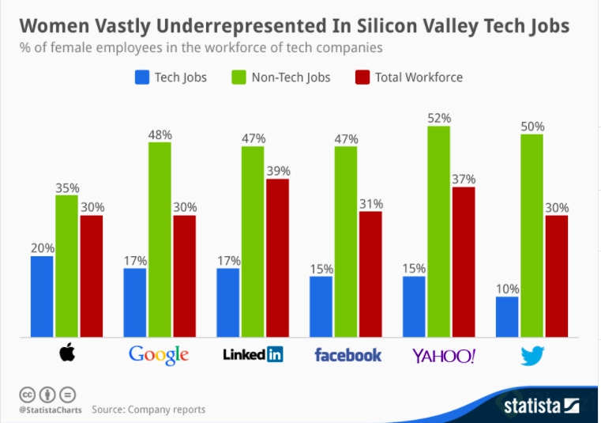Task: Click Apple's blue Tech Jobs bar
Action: click(x=42, y=296)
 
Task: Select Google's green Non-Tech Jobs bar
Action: click(x=160, y=240)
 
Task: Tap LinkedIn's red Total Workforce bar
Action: click(x=277, y=258)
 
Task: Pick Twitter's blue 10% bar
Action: click(x=507, y=317)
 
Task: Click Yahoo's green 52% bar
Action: click(x=439, y=232)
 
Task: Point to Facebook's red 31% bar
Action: click(x=370, y=274)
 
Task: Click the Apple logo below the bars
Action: click(x=66, y=354)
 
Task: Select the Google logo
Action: click(x=159, y=354)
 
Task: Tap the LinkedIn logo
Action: click(x=253, y=354)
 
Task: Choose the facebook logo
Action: click(x=347, y=354)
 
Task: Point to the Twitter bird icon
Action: click(x=532, y=356)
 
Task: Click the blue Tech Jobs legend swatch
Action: click(x=143, y=77)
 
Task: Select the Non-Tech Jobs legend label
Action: click(x=291, y=77)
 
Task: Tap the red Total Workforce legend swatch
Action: click(x=363, y=77)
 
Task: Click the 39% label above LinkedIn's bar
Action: click(x=278, y=171)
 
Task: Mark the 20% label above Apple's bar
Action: click(x=43, y=247)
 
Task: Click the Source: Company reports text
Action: click(x=148, y=410)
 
